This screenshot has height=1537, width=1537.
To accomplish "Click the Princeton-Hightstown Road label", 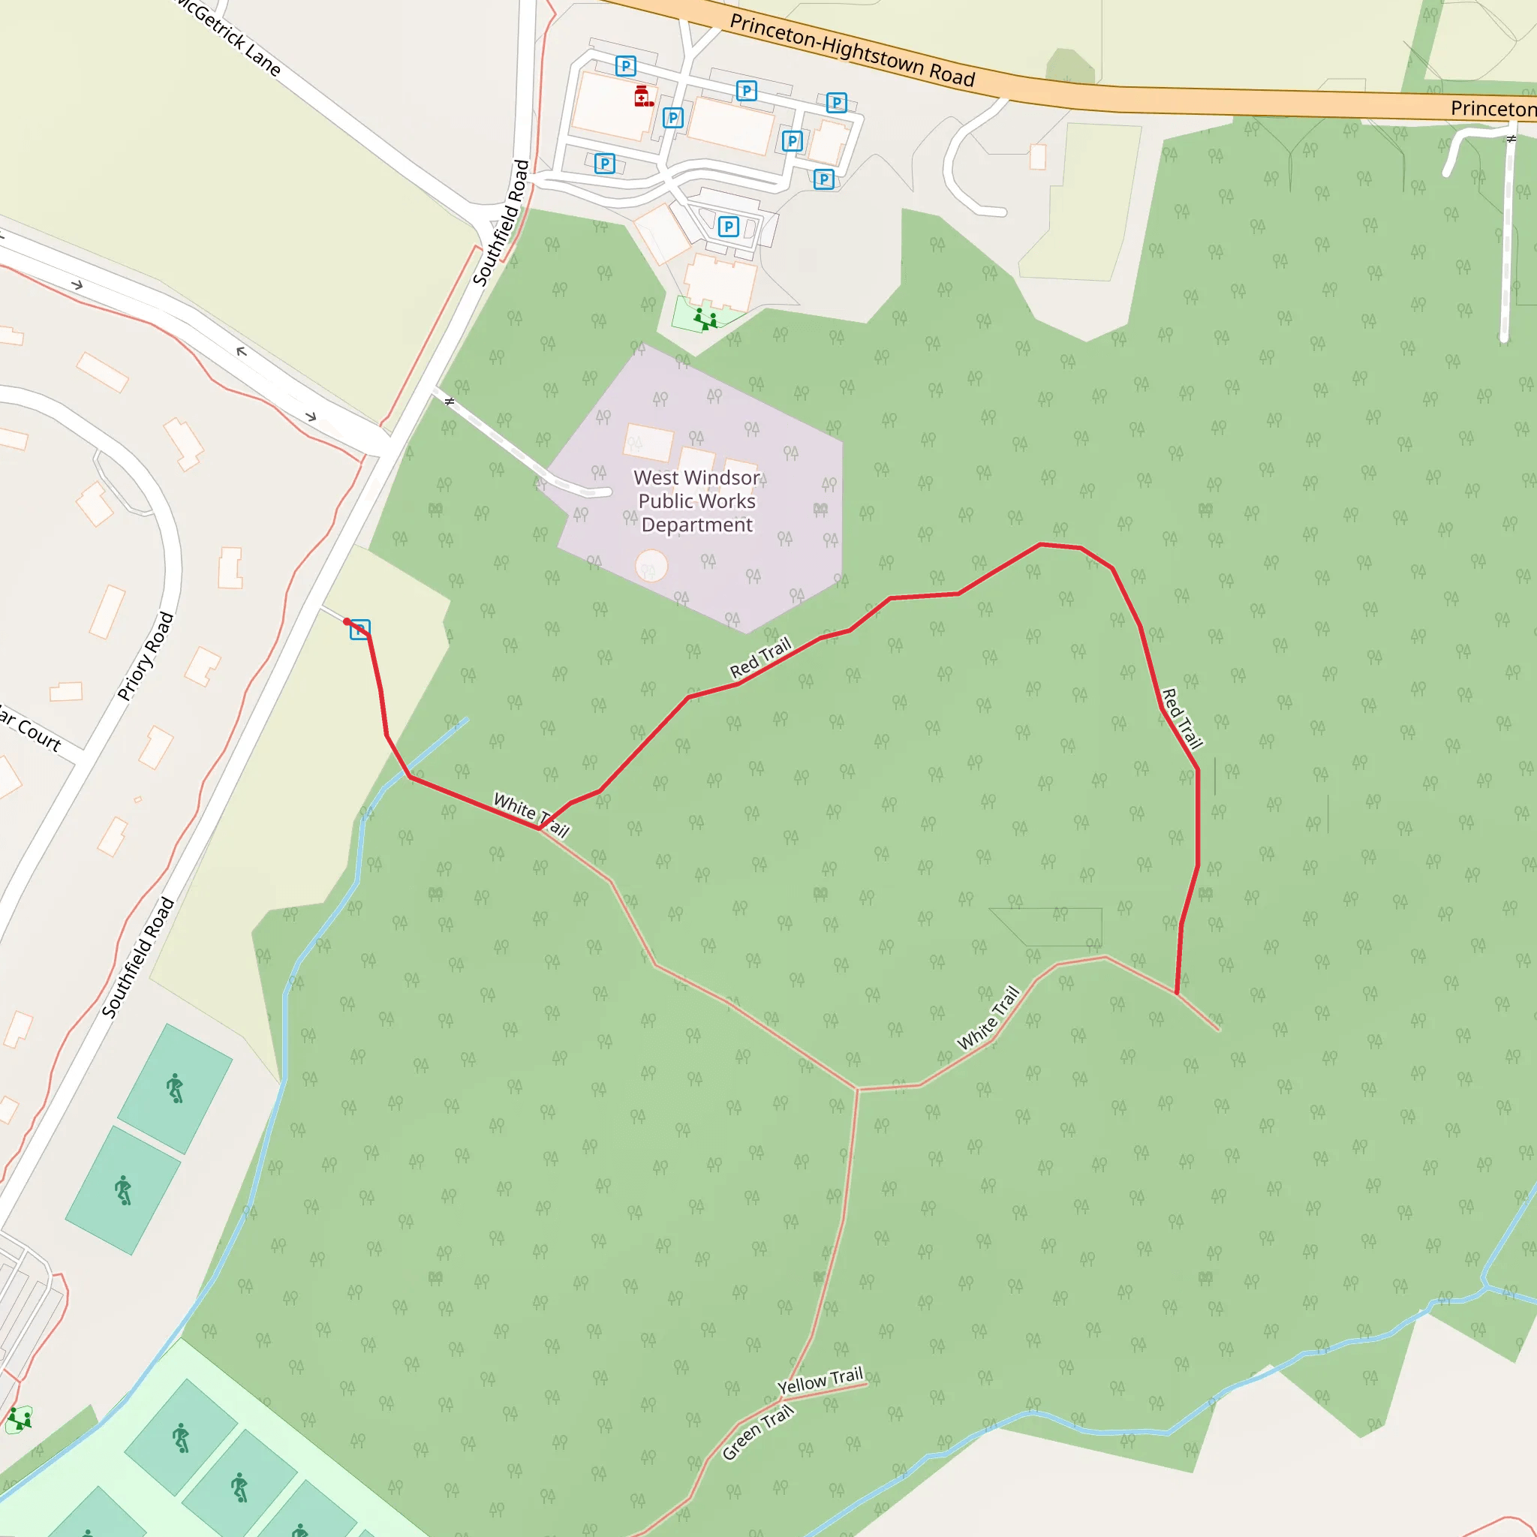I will click(x=852, y=50).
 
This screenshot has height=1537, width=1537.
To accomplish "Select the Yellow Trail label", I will click(x=820, y=1381).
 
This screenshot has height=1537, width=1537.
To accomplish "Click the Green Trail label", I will click(x=757, y=1432).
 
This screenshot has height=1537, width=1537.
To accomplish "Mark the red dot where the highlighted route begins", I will click(x=347, y=622).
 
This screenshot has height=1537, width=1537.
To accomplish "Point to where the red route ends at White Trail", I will click(x=1177, y=993).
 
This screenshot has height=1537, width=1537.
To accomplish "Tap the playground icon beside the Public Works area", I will click(x=705, y=319).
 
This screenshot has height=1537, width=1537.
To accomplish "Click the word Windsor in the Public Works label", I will click(x=723, y=477).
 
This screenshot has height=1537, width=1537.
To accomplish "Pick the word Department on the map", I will click(x=697, y=525).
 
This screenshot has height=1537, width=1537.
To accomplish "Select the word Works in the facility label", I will click(x=729, y=501).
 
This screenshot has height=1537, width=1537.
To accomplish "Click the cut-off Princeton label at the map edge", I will click(x=1493, y=108).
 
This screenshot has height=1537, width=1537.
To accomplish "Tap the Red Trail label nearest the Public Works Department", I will click(x=760, y=657).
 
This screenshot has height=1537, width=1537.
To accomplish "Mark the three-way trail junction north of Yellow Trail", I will click(x=857, y=1087).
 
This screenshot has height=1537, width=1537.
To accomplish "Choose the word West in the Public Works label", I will click(x=657, y=477).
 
